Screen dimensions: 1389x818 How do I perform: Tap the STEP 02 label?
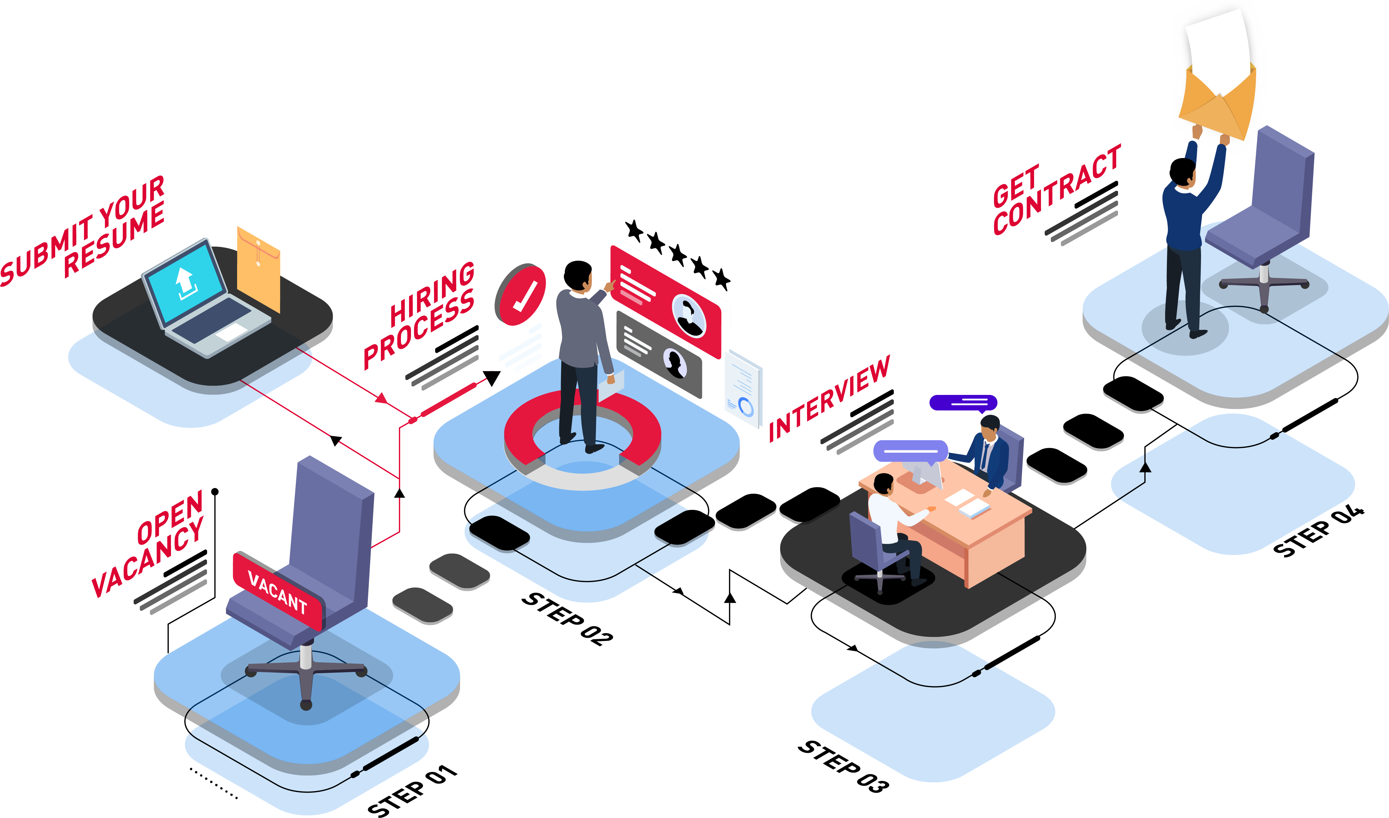(567, 619)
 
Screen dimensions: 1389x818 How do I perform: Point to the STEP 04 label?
(1319, 530)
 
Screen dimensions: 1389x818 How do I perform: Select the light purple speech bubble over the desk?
(910, 452)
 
